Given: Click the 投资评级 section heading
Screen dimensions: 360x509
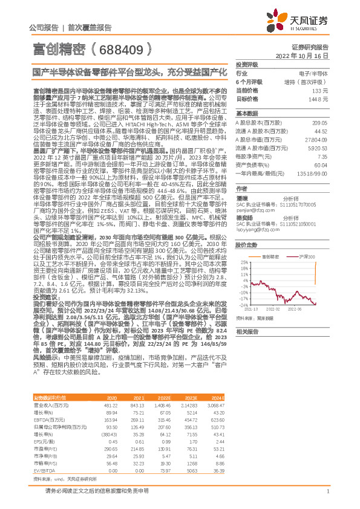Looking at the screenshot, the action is (x=246, y=64).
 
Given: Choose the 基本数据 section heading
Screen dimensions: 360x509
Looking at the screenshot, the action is (x=246, y=113).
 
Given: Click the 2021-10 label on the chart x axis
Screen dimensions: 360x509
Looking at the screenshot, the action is (x=250, y=308).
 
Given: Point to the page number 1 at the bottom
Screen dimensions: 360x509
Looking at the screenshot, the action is (x=327, y=497).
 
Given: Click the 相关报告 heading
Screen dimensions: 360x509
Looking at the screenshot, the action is (x=246, y=331).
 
